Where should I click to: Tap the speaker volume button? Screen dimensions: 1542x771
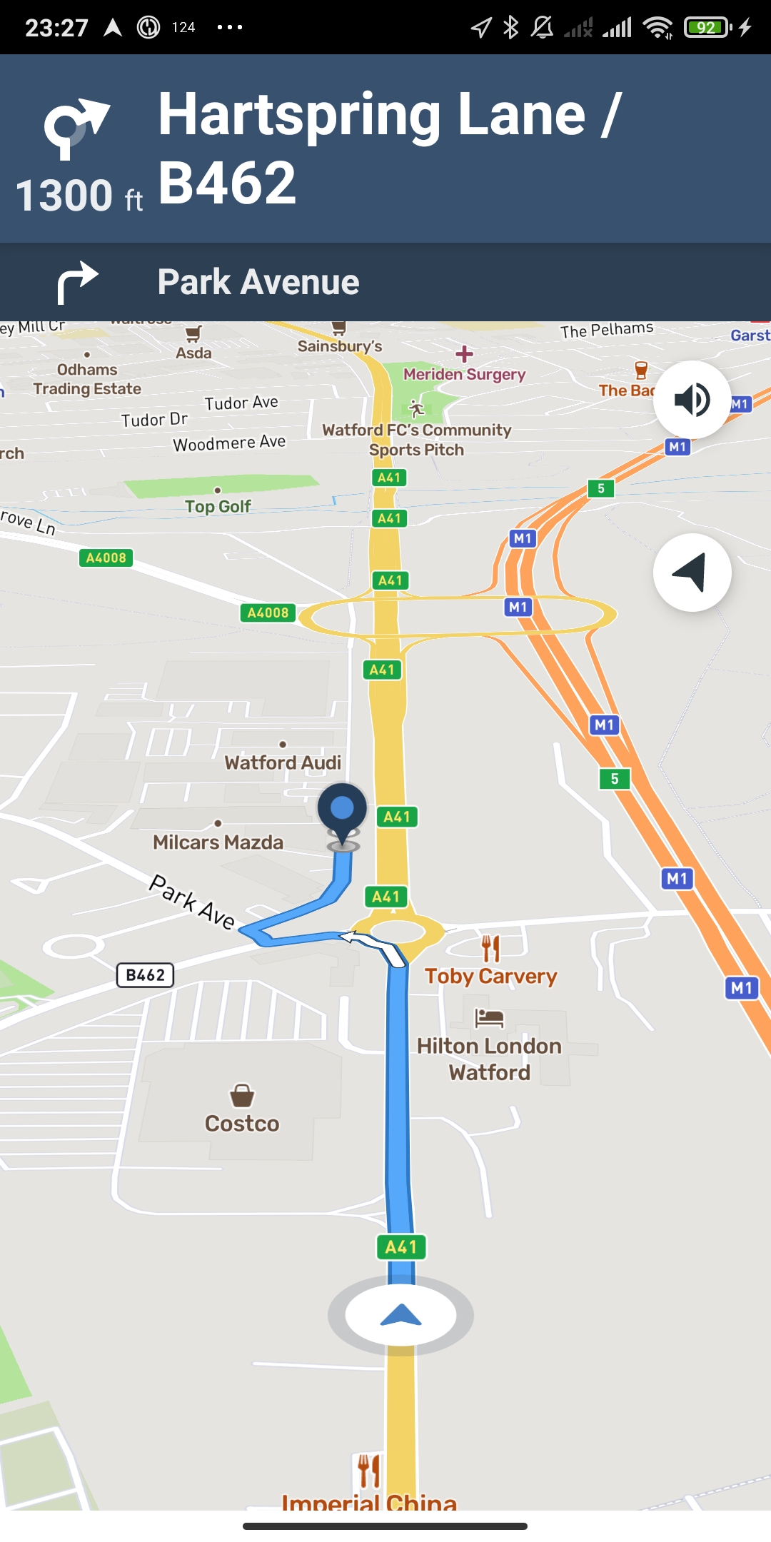pyautogui.click(x=692, y=399)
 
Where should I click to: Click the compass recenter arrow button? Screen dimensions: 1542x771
pyautogui.click(x=692, y=573)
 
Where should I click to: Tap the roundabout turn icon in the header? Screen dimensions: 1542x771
pyautogui.click(x=75, y=128)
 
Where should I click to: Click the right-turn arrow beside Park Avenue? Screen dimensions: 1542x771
pyautogui.click(x=77, y=281)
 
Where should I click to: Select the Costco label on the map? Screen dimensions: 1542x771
pyautogui.click(x=242, y=1123)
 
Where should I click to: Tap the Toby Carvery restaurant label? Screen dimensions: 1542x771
pyautogui.click(x=490, y=975)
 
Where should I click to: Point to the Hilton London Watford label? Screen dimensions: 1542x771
pyautogui.click(x=490, y=1059)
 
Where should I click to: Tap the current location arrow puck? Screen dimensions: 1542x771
pyautogui.click(x=400, y=1315)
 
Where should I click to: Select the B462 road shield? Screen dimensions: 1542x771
pyautogui.click(x=145, y=975)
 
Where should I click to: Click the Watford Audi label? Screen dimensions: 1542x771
pyautogui.click(x=283, y=762)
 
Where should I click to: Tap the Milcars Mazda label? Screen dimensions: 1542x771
pyautogui.click(x=218, y=842)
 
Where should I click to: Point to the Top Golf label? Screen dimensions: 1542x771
pyautogui.click(x=218, y=506)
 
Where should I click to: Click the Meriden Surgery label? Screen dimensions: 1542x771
pyautogui.click(x=464, y=374)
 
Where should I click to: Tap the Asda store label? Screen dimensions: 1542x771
pyautogui.click(x=193, y=353)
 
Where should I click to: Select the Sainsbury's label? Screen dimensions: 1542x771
pyautogui.click(x=340, y=346)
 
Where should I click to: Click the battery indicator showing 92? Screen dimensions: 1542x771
pyautogui.click(x=707, y=28)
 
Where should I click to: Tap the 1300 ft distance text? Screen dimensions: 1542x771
pyautogui.click(x=79, y=196)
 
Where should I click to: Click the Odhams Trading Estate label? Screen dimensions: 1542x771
pyautogui.click(x=87, y=379)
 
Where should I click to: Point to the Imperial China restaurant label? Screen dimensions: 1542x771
pyautogui.click(x=369, y=1503)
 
